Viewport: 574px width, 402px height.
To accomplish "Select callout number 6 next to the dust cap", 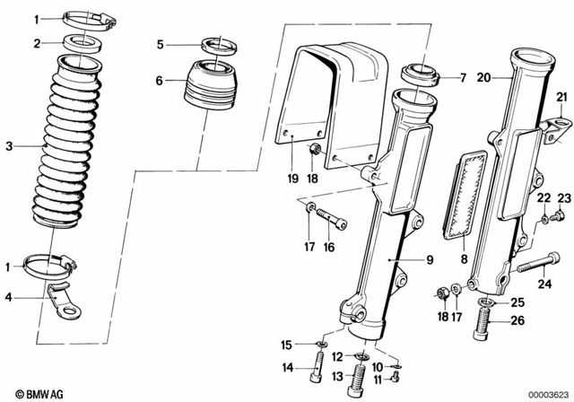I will coord(160,81).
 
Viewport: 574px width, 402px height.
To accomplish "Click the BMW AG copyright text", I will coord(28,392).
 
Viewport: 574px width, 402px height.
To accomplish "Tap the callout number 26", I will coord(517,321).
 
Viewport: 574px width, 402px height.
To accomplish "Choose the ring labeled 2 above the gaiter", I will coord(87,43).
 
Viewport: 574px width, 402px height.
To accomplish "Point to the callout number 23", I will coord(563,197).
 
